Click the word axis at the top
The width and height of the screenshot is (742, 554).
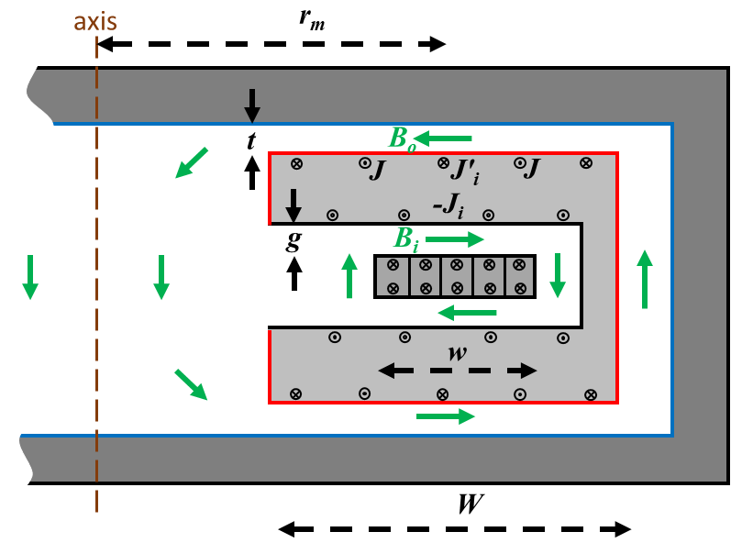[x=95, y=18]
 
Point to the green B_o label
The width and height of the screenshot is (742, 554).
[x=403, y=138]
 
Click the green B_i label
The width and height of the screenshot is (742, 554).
[x=407, y=240]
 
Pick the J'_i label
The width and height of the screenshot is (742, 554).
[x=462, y=171]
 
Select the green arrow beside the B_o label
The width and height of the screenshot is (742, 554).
[x=449, y=138]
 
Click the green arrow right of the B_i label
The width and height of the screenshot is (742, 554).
[x=454, y=240]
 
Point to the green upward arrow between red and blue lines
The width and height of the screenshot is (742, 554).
[x=645, y=278]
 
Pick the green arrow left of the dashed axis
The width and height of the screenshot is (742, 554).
[x=30, y=277]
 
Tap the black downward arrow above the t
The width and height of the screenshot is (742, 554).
[x=252, y=105]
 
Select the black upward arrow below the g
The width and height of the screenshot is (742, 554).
[x=294, y=273]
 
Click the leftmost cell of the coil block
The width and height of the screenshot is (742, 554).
[x=392, y=276]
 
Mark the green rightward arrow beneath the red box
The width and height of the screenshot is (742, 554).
[x=445, y=416]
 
